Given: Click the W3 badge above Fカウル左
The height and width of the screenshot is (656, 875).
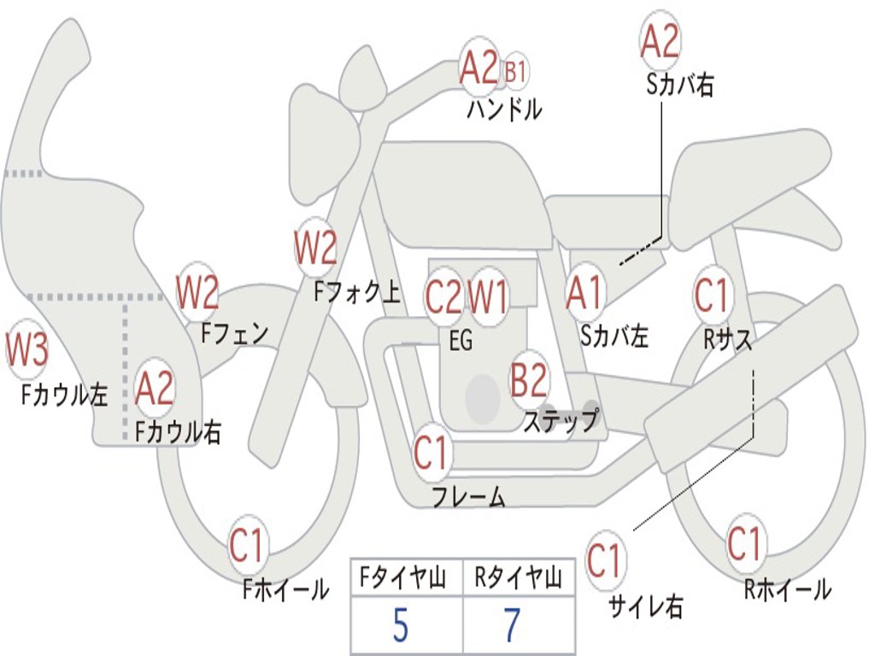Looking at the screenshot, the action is coord(26,350).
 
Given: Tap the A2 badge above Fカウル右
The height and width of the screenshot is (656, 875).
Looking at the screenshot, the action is coord(155,389).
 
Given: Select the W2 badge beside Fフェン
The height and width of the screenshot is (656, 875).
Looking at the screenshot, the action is coord(197,292).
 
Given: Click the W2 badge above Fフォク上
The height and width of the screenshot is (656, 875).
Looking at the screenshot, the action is coord(316,247).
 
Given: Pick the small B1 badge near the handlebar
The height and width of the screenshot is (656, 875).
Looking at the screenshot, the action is coord(515,72).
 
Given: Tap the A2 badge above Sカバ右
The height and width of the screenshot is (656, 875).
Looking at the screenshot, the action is coord(661,41).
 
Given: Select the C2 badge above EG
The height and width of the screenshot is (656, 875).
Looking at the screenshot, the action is coord(443,296).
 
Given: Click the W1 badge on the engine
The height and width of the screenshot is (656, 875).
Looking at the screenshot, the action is coord(488,296).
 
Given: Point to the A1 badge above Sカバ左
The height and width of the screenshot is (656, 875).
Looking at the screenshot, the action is coord(584,292).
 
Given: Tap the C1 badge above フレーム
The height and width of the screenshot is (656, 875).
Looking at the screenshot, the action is coord(431,452).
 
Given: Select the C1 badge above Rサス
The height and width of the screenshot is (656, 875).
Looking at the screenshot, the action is coord(712,295).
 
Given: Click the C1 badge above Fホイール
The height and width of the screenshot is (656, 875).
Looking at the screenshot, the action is coord(246,545).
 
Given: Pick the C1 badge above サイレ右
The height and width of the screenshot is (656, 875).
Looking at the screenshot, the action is coord(604,559).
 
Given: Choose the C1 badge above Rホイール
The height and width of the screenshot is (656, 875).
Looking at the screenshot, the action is coord(744,542).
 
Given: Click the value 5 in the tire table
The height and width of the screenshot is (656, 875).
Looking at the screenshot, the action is coord(400,625).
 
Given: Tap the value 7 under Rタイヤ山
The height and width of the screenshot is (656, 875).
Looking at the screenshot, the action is coord(513,625).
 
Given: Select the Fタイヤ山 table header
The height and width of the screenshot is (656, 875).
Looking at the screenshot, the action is coord(403,577).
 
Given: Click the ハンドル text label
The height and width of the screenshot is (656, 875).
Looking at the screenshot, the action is coord(504,109).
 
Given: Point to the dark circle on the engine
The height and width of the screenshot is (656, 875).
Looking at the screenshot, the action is coord(483,399).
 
